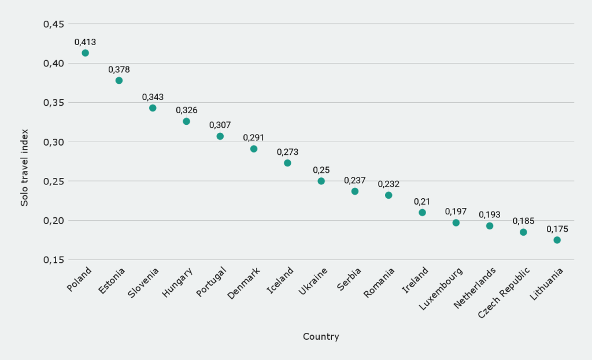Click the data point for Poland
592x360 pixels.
tap(85, 53)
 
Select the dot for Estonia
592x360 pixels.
tap(119, 80)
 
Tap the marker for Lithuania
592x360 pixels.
tap(557, 240)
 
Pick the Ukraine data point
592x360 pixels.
tap(321, 181)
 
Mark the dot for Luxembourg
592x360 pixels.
tap(456, 222)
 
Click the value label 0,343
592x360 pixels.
tap(153, 97)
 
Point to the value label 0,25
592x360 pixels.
tap(321, 170)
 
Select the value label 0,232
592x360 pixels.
tap(388, 184)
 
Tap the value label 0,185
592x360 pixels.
tap(523, 221)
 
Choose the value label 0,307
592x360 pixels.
tap(220, 125)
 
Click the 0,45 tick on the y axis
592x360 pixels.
tap(53, 24)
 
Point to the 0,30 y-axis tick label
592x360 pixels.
tap(53, 142)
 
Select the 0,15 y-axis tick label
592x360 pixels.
tap(53, 260)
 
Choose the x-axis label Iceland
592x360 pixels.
tap(280, 280)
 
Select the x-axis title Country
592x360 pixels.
tap(321, 336)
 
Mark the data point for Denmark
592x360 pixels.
tap(254, 149)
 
